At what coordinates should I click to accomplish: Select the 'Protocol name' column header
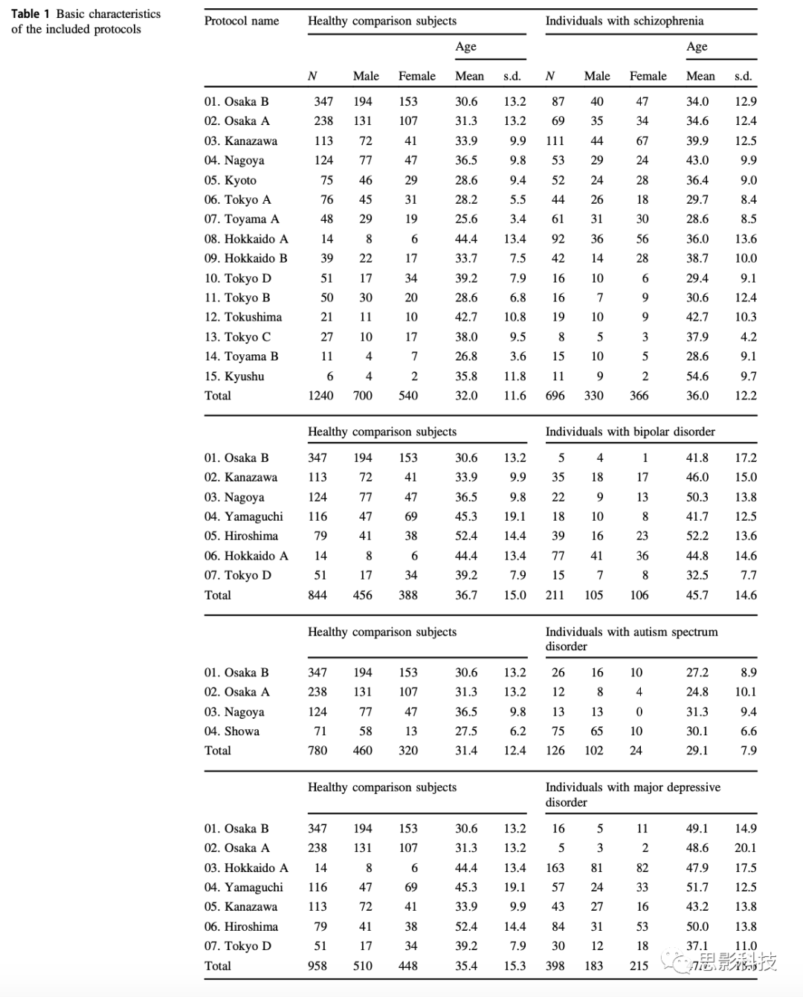[x=242, y=21]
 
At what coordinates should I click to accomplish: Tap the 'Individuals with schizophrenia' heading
[x=624, y=21]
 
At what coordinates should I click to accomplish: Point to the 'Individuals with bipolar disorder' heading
[x=630, y=432]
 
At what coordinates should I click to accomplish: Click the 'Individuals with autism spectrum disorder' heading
[x=631, y=638]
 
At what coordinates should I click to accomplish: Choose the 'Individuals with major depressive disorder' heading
[x=633, y=795]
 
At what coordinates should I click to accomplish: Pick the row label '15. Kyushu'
[x=234, y=376]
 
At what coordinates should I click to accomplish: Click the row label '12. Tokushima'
[x=243, y=317]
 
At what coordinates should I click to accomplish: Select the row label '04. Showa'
[x=232, y=731]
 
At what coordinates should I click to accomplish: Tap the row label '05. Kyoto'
[x=230, y=180]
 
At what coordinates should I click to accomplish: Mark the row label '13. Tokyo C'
[x=238, y=337]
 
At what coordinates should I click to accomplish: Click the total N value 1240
[x=320, y=396]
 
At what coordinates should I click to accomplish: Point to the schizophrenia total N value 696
[x=555, y=396]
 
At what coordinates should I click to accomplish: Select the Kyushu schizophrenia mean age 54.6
[x=697, y=376]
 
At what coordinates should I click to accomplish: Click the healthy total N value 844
[x=317, y=595]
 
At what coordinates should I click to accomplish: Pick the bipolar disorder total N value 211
[x=555, y=595]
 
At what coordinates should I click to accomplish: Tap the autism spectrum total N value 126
[x=555, y=751]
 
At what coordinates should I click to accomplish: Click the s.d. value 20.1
[x=745, y=848]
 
